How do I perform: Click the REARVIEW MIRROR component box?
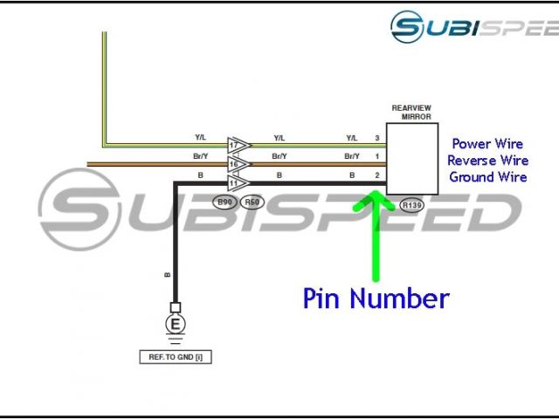(412, 157)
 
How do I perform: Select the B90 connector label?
(225, 203)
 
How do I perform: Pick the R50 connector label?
(252, 203)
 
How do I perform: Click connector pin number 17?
(234, 144)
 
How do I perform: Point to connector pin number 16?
(234, 163)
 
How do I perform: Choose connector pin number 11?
(234, 182)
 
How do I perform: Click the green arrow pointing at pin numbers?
(376, 236)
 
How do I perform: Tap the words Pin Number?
(376, 299)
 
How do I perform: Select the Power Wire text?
(488, 144)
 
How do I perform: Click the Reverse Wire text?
(488, 161)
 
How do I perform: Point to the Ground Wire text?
(488, 177)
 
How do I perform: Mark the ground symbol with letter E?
(176, 326)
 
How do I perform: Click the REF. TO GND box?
(176, 356)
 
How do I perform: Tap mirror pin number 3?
(376, 138)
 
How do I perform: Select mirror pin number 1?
(376, 156)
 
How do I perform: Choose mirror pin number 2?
(376, 175)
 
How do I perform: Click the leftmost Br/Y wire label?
(201, 156)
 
